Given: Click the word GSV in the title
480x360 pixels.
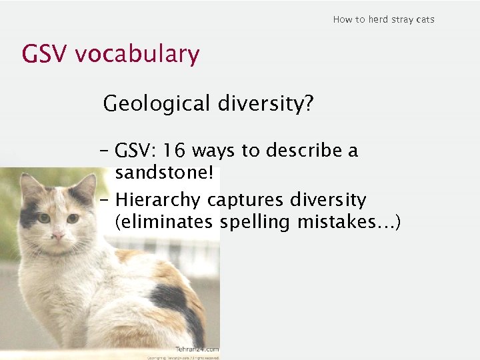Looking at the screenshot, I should [x=45, y=54].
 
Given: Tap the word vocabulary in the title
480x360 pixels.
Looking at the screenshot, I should [x=137, y=54].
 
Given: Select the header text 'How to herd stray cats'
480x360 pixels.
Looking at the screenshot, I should [x=383, y=19].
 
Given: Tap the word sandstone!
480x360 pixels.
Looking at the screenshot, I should [x=164, y=173].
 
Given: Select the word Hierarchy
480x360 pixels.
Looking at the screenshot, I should [x=158, y=199].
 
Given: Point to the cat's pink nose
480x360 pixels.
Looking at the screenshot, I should [x=59, y=235].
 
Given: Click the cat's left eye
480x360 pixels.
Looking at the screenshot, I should [x=44, y=218].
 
